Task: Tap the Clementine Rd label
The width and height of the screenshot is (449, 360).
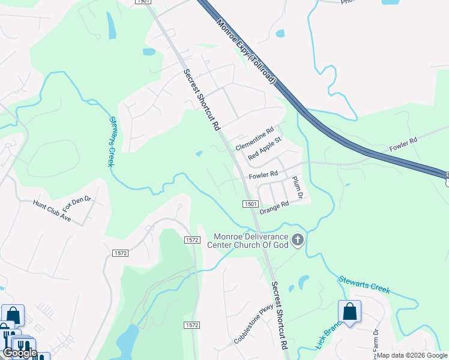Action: click(255, 139)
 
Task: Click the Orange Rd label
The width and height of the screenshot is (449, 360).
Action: click(274, 208)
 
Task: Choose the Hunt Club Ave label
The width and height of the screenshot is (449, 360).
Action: click(52, 212)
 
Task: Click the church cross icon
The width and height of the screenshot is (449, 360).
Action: click(297, 241)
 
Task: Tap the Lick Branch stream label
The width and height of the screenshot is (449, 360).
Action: click(327, 337)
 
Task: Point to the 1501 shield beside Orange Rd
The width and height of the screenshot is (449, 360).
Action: click(251, 205)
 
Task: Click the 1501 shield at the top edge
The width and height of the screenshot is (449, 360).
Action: click(143, 2)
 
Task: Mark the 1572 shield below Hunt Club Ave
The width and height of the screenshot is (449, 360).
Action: click(120, 253)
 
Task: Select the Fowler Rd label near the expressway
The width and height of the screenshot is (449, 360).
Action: click(403, 145)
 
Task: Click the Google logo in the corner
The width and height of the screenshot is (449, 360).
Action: click(20, 353)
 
